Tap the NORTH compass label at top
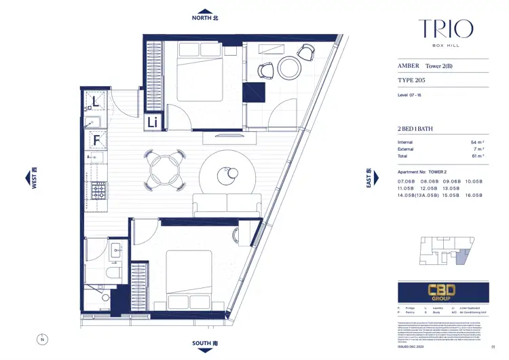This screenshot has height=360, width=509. coord(206,18)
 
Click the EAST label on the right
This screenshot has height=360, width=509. coord(369,179)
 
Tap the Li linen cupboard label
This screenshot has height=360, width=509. coord(153,122)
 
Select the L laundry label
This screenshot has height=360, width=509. coord(95,104)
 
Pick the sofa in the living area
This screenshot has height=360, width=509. coord(227,205)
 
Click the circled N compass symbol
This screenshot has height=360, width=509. coord(41,338)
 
